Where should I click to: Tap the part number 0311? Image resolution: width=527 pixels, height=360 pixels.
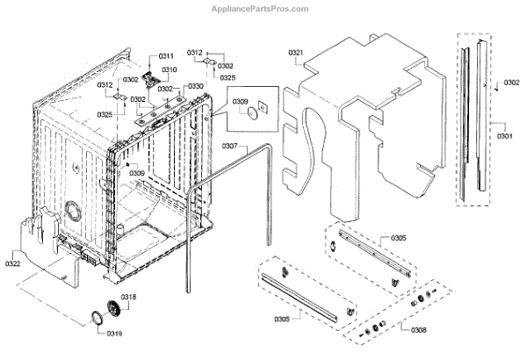[166, 57]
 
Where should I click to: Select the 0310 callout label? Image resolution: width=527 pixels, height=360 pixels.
[169, 69]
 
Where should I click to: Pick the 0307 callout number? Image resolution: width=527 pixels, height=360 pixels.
[230, 145]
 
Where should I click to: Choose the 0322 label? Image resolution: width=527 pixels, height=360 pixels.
[12, 262]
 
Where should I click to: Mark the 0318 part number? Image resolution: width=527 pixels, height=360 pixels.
[129, 296]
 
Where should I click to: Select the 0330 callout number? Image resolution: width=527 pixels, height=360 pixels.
[195, 86]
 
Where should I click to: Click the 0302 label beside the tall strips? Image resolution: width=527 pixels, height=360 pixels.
[512, 84]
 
